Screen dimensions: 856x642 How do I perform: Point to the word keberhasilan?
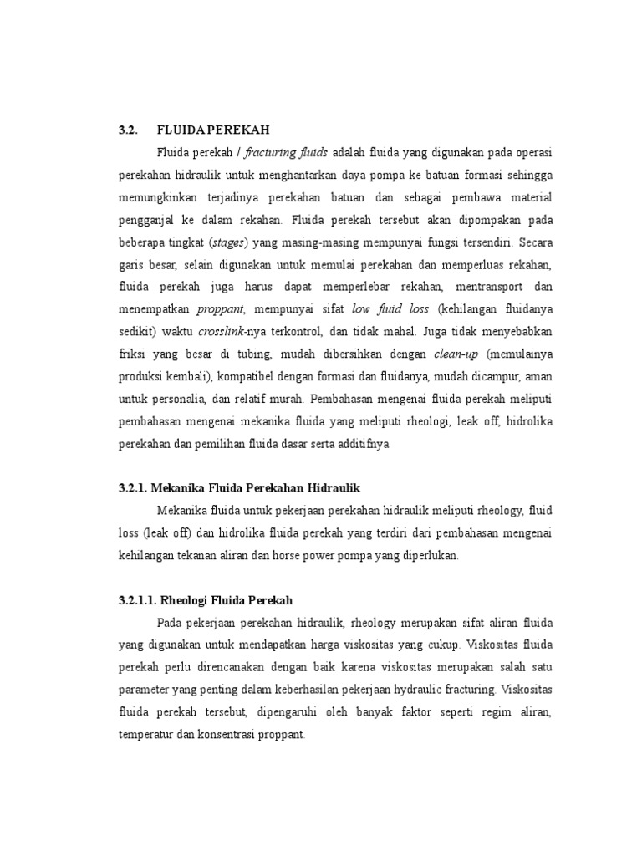pyautogui.click(x=332, y=690)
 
